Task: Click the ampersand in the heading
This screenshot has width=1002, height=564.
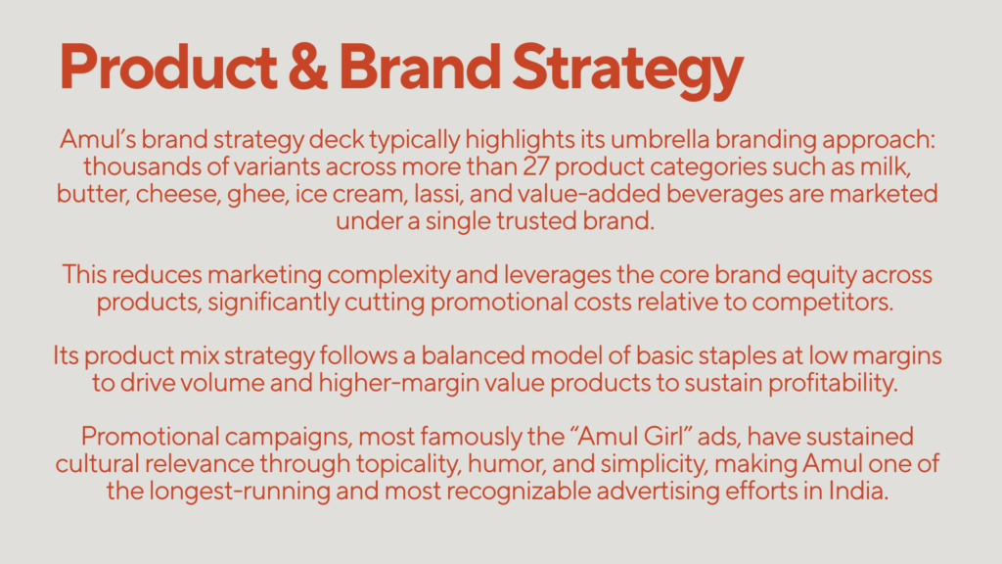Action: pos(308,67)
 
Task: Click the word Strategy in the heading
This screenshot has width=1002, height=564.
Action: pos(627,70)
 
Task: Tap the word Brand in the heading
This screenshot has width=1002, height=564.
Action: pos(420,67)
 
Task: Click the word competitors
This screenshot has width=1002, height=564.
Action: pos(822,303)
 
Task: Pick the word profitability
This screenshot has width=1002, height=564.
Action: pos(833,384)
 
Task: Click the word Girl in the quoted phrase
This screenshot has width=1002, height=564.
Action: pos(664,437)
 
